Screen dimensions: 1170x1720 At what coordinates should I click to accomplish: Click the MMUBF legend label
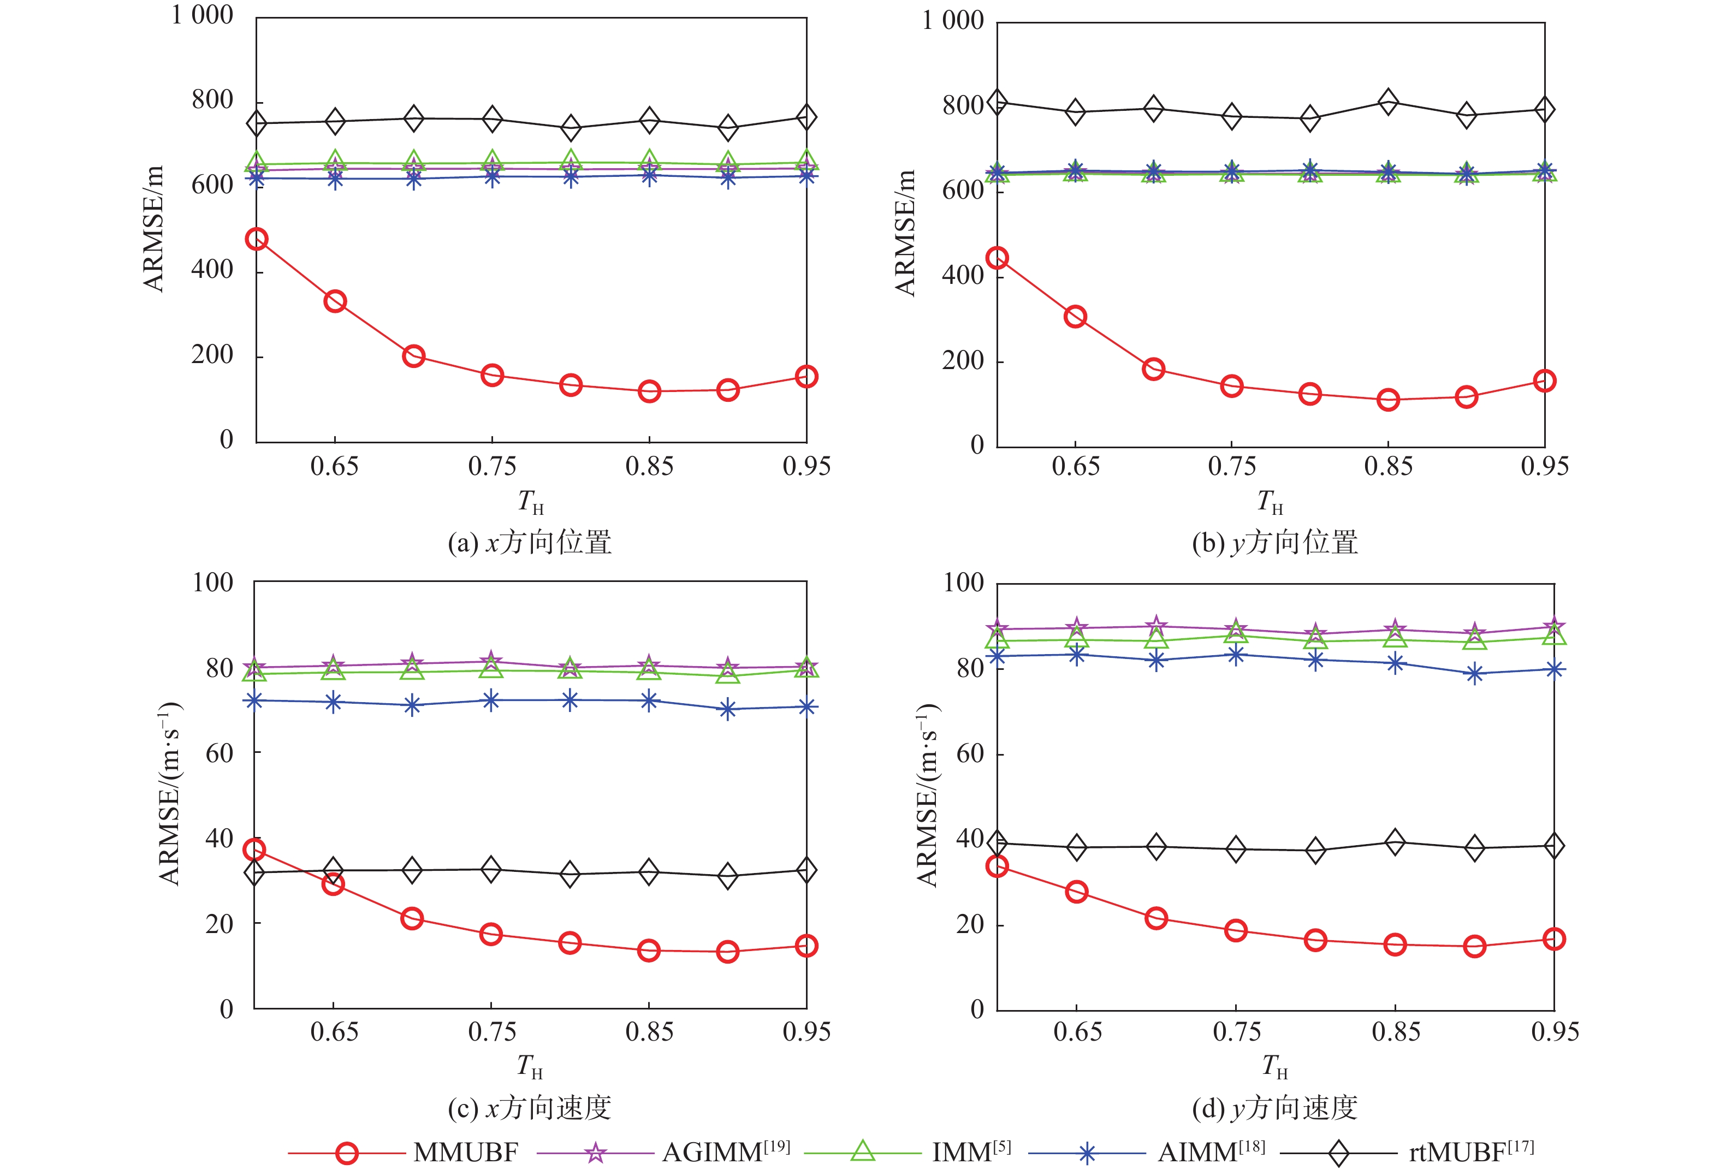(466, 1152)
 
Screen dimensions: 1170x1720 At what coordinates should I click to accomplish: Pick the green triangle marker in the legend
(862, 1151)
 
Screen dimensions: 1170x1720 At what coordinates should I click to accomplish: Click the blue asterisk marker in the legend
(1087, 1154)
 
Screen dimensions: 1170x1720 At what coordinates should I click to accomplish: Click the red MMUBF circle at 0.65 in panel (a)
(335, 301)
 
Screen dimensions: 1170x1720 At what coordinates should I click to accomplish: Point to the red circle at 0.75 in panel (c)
(491, 934)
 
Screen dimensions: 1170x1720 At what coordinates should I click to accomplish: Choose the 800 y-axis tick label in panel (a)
(212, 100)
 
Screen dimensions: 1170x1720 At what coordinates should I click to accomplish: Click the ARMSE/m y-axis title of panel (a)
(153, 229)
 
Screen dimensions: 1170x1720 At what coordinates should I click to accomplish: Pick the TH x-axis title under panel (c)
(530, 1066)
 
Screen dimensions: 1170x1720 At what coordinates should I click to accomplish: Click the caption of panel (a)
(530, 543)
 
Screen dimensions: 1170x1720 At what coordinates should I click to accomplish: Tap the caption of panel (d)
(1275, 1108)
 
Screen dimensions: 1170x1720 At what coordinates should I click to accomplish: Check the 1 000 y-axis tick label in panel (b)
(952, 21)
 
